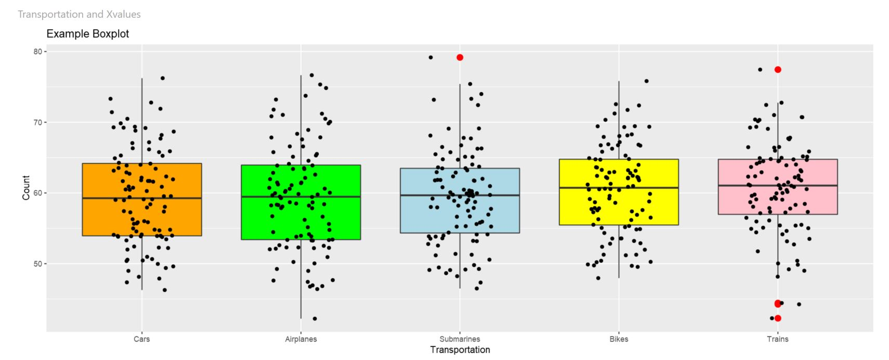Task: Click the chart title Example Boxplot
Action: point(87,34)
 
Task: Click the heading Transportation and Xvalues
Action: point(79,15)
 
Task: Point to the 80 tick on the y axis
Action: point(37,52)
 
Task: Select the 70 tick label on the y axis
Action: point(37,122)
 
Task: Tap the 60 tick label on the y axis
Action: point(37,193)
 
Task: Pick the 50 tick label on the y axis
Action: point(37,264)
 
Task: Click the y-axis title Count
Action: point(26,188)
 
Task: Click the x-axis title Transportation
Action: point(460,350)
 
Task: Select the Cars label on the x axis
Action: point(141,339)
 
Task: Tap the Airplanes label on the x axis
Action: point(301,339)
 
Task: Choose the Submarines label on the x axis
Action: point(460,339)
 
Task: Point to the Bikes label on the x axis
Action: point(619,339)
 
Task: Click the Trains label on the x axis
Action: point(778,339)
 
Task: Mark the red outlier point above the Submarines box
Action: point(460,57)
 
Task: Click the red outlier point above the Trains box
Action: point(778,70)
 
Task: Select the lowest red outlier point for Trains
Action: point(778,318)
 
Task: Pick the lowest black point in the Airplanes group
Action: point(315,318)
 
